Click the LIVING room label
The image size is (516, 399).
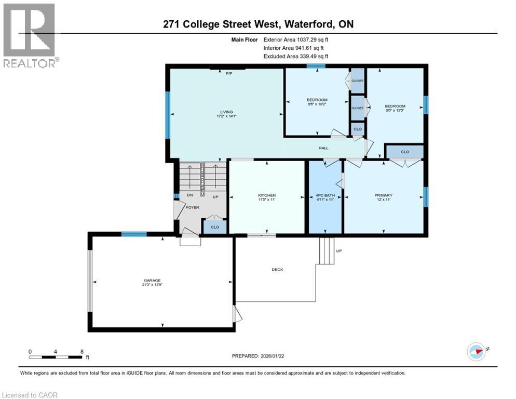(226, 112)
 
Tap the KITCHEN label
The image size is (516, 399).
(267, 195)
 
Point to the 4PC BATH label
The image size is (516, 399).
(325, 195)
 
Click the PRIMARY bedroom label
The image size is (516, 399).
(383, 195)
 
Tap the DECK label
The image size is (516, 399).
(277, 269)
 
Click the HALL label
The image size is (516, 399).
(323, 148)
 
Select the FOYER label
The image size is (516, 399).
(193, 207)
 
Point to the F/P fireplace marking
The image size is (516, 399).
(228, 73)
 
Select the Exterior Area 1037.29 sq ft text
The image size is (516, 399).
(295, 38)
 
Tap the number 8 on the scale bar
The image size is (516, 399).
(82, 351)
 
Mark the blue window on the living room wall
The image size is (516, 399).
(168, 115)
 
